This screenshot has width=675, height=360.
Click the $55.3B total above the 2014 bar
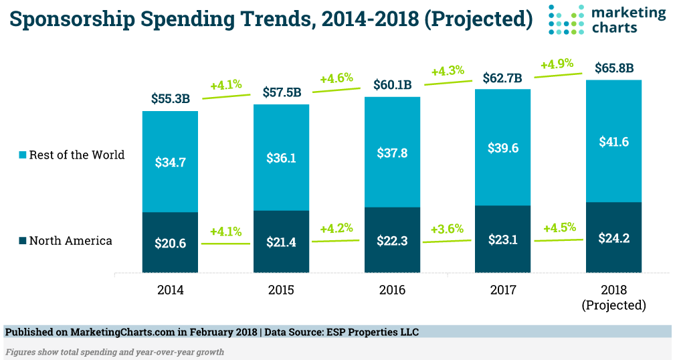point(170,98)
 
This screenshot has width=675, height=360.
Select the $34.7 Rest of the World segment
point(170,161)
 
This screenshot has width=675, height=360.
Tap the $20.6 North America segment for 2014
point(170,242)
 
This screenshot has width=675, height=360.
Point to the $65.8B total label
point(613,68)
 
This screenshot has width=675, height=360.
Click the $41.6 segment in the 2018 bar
point(613,141)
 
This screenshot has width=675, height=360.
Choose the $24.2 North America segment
point(613,237)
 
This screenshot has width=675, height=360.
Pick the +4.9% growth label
point(557,64)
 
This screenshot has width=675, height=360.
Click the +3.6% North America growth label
point(447,229)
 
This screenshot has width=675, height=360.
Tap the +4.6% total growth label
point(336,79)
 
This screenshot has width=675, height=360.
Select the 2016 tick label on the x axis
point(392,290)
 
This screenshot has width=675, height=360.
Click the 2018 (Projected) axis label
point(613,297)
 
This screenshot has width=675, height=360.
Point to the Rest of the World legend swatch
point(23,155)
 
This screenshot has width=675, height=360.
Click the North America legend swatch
point(23,241)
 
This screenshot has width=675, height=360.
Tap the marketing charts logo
point(607,19)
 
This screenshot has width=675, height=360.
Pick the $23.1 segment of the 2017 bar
point(502,239)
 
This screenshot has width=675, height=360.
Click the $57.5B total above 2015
point(281,92)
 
